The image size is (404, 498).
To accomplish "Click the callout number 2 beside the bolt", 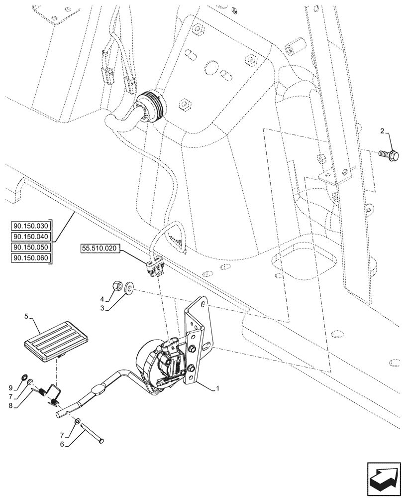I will pos(382,131).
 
